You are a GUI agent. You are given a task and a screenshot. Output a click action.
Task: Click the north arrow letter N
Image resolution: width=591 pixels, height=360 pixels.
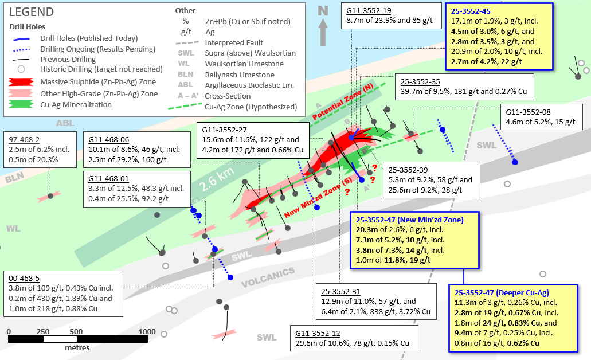[x=323, y=10]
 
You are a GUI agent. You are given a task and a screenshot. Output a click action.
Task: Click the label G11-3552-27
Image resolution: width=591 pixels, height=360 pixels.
[x=223, y=130]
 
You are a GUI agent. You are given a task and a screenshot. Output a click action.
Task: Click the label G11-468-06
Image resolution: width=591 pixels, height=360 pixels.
[x=109, y=139]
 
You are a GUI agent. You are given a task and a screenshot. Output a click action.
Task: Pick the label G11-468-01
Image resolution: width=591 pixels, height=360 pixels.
[x=109, y=178]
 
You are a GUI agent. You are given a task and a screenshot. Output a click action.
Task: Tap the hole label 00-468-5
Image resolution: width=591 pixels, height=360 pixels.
[x=24, y=279]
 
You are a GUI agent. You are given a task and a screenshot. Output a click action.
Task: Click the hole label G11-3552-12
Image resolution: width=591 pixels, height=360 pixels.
[x=319, y=333]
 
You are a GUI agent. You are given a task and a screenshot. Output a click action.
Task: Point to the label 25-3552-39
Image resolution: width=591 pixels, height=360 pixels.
[x=409, y=170]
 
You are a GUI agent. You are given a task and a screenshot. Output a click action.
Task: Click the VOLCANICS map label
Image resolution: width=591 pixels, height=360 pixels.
[x=268, y=277]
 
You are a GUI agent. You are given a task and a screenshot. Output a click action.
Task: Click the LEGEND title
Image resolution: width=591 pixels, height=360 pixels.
[x=32, y=12]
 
